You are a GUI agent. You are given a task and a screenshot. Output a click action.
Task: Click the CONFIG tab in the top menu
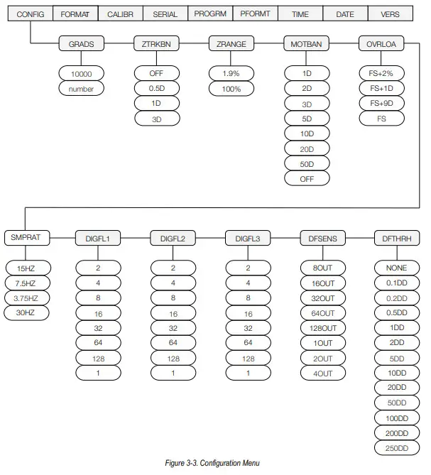point(31,13)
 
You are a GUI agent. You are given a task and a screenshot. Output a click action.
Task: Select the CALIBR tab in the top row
point(120,13)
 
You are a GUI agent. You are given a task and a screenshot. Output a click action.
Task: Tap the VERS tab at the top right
point(390,13)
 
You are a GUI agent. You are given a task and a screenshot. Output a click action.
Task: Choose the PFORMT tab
point(255,13)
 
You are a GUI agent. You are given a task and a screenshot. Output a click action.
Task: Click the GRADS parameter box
point(82,44)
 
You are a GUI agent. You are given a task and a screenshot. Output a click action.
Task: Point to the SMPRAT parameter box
point(26,239)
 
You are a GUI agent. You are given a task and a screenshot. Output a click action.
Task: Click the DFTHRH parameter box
point(397,239)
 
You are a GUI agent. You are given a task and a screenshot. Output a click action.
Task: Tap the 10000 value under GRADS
point(82,73)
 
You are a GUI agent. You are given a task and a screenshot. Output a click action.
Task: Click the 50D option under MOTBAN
point(307,163)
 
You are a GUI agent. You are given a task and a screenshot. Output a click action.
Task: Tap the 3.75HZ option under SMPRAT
point(26,298)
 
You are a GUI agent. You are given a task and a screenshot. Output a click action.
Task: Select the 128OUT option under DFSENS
point(322,328)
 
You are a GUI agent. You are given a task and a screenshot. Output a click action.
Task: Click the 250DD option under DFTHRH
point(397,447)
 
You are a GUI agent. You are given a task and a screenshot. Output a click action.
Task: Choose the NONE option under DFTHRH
point(397,268)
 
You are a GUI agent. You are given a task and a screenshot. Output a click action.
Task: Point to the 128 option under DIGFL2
point(173,358)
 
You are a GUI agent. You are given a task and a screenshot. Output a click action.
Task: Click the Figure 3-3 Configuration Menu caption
point(213,464)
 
